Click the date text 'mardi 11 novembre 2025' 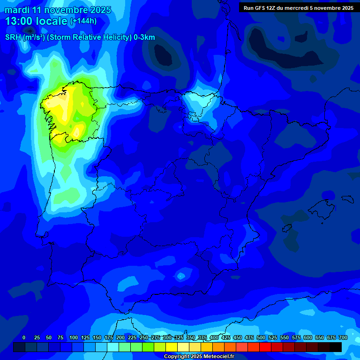(x=58, y=10)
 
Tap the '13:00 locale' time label (x=36, y=21)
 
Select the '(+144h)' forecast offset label (x=83, y=21)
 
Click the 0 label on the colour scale (x=24, y=337)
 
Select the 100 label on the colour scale (x=73, y=337)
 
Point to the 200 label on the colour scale (x=120, y=337)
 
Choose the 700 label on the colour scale (x=343, y=337)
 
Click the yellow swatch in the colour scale (x=172, y=347)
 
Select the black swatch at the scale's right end (x=336, y=347)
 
